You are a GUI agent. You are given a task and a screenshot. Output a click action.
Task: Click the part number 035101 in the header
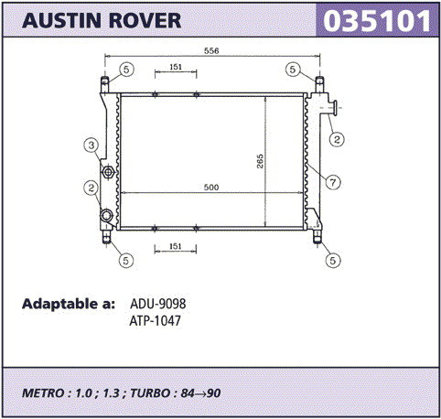(x=377, y=21)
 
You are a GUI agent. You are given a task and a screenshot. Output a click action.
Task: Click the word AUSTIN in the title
(x=62, y=21)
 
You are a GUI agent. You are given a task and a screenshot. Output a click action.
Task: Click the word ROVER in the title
(x=145, y=21)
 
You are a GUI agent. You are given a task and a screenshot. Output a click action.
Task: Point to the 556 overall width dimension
(x=211, y=50)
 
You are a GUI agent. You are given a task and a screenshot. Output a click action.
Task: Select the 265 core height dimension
(x=260, y=161)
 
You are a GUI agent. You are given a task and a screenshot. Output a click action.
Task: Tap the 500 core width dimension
(x=211, y=187)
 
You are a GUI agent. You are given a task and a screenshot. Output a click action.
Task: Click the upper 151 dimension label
(x=176, y=67)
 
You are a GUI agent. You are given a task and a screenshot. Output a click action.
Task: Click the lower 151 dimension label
(x=176, y=246)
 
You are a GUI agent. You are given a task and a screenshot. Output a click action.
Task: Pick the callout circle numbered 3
(x=91, y=145)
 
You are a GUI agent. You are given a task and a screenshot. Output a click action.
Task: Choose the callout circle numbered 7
(x=333, y=182)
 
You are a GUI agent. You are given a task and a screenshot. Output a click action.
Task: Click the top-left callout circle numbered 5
(x=126, y=70)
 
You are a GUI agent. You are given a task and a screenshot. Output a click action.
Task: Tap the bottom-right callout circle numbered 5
(x=333, y=261)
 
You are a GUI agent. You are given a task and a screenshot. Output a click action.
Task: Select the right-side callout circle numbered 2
(x=337, y=140)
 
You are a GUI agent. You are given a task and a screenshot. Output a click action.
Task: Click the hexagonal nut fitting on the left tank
(x=108, y=172)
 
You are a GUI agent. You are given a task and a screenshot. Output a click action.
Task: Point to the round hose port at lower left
(x=107, y=216)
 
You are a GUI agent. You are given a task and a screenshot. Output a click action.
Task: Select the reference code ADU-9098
(x=157, y=304)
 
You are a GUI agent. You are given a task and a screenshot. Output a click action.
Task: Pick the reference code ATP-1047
(x=155, y=321)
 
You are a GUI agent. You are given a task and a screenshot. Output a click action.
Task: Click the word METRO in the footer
(x=43, y=393)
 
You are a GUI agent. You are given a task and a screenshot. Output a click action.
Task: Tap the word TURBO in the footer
(x=150, y=393)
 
